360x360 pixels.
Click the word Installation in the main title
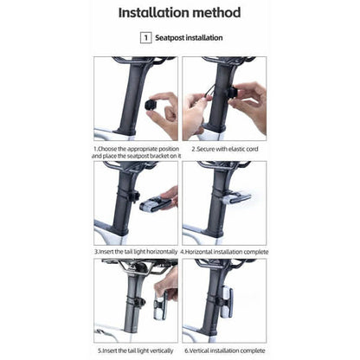coord(153,13)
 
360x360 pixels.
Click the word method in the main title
coord(216,13)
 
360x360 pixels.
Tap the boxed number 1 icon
coord(145,38)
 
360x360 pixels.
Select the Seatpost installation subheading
coord(189,38)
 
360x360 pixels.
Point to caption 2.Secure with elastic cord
coord(225,149)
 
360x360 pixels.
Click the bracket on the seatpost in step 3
coord(135,196)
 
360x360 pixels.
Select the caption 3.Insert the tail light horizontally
coord(136,252)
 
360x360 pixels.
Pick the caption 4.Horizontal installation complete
coord(224,252)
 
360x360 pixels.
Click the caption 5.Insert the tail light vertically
coord(135,350)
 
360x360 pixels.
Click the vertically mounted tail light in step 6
coord(227,301)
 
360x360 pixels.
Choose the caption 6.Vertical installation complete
coord(225,350)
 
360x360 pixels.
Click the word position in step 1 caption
coord(169,149)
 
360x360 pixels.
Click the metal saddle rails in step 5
coord(136,267)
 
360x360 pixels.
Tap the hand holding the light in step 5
coord(167,283)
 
